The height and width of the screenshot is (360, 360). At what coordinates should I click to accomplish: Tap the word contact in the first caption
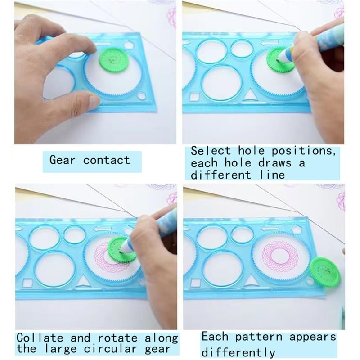coord(106,160)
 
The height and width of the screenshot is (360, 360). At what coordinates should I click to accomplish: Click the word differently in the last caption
coord(238,352)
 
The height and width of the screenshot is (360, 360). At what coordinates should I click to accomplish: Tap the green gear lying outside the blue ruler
coord(324,271)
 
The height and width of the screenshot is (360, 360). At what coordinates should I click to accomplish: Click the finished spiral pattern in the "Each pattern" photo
coord(280,256)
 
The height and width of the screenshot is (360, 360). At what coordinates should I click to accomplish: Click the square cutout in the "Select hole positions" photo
coord(195,97)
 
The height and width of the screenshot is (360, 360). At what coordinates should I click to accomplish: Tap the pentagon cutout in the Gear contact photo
coord(130,45)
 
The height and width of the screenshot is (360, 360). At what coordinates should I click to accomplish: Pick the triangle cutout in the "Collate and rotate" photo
coord(82,282)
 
